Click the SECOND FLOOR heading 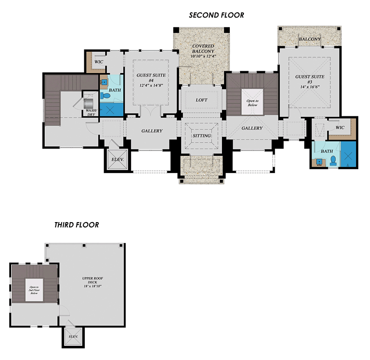216,15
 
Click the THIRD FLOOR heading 77,225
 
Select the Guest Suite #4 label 151,80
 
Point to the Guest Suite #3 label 310,82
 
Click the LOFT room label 202,100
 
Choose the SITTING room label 202,136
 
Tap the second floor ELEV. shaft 117,160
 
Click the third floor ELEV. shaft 74,337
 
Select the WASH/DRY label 91,113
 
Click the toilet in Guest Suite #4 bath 105,95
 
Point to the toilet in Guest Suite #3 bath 333,160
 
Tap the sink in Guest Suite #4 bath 104,82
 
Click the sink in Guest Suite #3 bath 319,162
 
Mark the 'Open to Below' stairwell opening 252,102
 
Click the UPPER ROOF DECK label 92,282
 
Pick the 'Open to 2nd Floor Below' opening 34,290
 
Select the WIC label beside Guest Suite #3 340,128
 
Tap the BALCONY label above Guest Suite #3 310,39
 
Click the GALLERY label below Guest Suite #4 152,131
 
